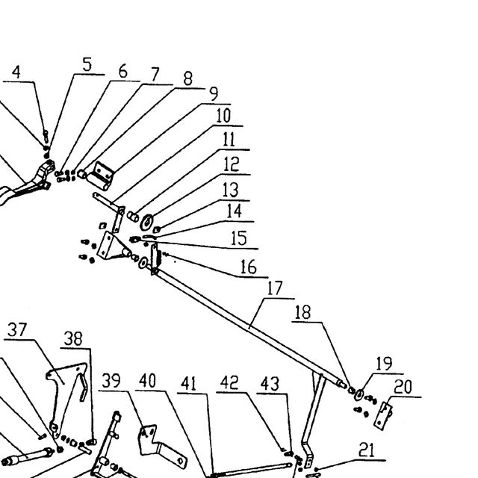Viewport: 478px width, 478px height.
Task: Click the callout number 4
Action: [x=16, y=72]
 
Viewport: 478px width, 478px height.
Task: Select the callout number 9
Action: [x=214, y=93]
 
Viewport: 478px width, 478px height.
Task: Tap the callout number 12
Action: [x=232, y=164]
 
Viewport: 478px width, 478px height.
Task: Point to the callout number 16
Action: [x=249, y=267]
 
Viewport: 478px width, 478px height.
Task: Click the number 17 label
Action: [x=275, y=288]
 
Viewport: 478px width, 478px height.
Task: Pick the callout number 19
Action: [x=384, y=364]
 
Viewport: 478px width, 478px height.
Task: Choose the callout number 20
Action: [x=403, y=387]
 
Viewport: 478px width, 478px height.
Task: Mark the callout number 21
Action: [x=367, y=450]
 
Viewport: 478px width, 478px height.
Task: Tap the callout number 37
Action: [x=17, y=329]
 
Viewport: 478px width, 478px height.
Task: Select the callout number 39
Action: [x=111, y=381]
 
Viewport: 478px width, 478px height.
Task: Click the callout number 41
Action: [x=189, y=383]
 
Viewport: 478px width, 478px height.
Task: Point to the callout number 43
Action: [x=270, y=383]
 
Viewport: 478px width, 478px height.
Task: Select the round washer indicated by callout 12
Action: [x=146, y=223]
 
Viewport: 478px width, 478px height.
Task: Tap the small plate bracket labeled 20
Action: [x=383, y=416]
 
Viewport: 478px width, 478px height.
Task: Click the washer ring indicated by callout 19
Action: [x=358, y=395]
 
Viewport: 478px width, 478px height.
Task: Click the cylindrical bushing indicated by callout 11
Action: [x=133, y=217]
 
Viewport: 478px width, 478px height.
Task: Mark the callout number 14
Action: [x=235, y=211]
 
